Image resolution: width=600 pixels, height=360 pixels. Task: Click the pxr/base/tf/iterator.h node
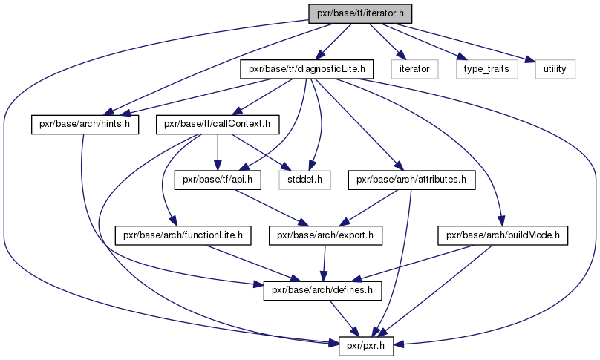point(359,13)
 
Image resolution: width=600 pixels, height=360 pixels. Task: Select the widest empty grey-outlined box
point(486,68)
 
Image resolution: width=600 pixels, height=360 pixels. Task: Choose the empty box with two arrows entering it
point(304,180)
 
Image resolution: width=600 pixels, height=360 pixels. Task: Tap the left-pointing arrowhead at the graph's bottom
point(399,343)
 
